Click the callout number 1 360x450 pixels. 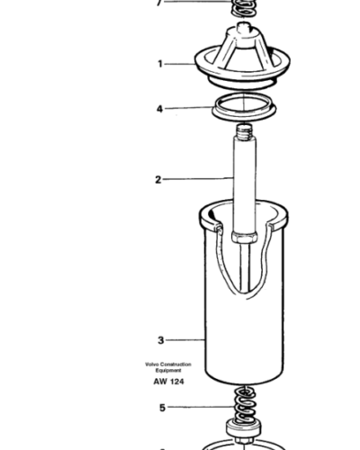(160, 64)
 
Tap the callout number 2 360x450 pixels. (157, 179)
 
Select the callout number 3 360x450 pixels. (160, 340)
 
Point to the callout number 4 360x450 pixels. (159, 110)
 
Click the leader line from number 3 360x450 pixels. (184, 340)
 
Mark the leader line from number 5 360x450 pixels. (199, 406)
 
